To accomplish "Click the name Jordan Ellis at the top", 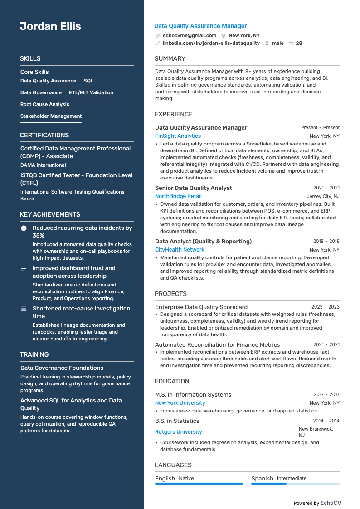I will (50, 26).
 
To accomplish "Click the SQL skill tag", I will (88, 81).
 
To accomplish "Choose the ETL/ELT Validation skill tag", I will (91, 93).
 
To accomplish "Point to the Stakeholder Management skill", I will (51, 116).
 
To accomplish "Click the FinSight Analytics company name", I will (178, 136).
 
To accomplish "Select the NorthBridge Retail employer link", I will (178, 196).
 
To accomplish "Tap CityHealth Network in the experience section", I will (180, 250).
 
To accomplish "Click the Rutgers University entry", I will (179, 432).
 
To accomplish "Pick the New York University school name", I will (180, 403).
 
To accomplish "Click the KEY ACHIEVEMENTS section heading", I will (50, 214).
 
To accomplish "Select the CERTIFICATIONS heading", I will (44, 135).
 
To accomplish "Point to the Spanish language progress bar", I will (295, 484).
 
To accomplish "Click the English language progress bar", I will (199, 484).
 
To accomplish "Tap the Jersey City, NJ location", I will (323, 197).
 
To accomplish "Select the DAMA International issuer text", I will (43, 165).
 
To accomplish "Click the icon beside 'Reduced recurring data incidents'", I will (24, 228).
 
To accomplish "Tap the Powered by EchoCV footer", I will (317, 503).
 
